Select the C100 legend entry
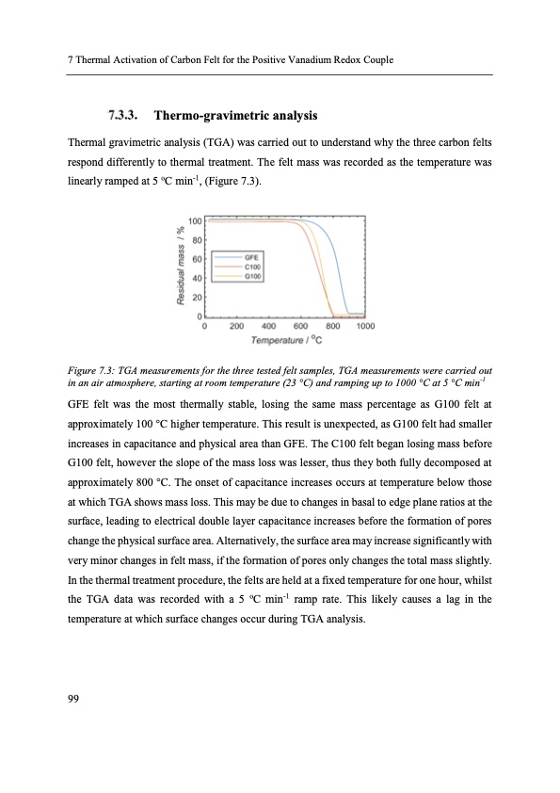(252, 266)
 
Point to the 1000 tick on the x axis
(365, 326)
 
